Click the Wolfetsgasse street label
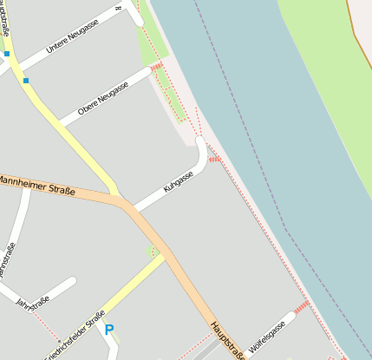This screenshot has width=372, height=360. (x=266, y=337)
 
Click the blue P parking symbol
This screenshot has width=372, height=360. (x=108, y=330)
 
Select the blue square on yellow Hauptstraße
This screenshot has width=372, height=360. (x=26, y=81)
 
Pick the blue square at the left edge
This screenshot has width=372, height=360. (x=6, y=54)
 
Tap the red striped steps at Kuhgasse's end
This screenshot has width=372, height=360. (x=213, y=159)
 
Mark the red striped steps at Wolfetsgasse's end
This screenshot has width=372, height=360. (x=301, y=307)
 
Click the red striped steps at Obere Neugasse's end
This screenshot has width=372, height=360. (x=156, y=67)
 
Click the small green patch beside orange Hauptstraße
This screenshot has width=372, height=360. (x=155, y=252)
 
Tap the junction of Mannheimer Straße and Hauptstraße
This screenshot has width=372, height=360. (x=128, y=206)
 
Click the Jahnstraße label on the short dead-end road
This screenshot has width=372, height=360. (x=34, y=304)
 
